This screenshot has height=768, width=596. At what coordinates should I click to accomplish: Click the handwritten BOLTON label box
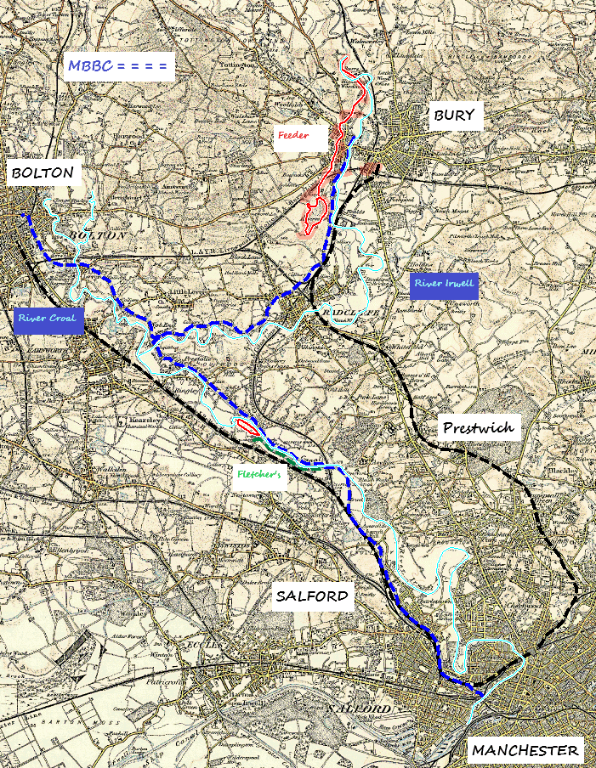43,175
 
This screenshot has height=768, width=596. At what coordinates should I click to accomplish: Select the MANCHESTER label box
525,750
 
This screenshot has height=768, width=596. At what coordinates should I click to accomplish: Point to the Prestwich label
479,427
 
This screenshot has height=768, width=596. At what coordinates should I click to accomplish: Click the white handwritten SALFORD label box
312,596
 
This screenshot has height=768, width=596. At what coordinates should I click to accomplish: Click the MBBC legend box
119,66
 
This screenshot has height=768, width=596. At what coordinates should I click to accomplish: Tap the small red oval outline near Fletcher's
247,425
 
